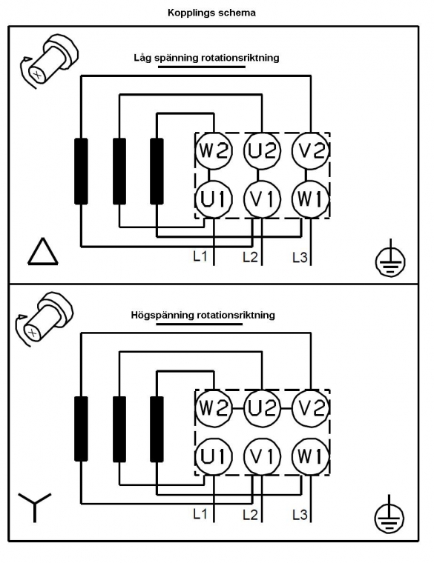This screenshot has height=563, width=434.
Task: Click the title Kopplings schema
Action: point(211,13)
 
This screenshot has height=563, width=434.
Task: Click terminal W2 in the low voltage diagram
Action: point(214,151)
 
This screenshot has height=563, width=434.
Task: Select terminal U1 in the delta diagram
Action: point(214,199)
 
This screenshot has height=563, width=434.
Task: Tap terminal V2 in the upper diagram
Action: point(310,151)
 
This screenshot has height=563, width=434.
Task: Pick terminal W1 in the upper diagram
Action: point(310,199)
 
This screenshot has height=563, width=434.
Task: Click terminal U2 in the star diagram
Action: point(262,408)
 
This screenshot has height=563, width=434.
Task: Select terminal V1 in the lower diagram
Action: point(262,457)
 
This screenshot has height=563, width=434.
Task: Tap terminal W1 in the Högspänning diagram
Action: point(310,457)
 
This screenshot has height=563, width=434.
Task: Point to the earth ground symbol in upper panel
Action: point(390,259)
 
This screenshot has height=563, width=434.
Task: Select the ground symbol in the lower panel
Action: point(389,516)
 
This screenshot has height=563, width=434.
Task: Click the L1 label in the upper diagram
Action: point(200,256)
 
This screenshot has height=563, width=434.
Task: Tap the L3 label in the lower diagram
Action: point(300,515)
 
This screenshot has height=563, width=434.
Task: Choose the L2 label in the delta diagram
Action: point(250,257)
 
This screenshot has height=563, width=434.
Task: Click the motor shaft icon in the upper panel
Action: point(48,61)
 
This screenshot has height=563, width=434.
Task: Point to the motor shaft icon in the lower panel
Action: point(45,319)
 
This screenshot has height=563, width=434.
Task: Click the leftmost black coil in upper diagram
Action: point(81,171)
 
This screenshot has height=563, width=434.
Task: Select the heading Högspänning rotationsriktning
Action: point(203,316)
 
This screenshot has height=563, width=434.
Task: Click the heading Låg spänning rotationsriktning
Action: point(206,58)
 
